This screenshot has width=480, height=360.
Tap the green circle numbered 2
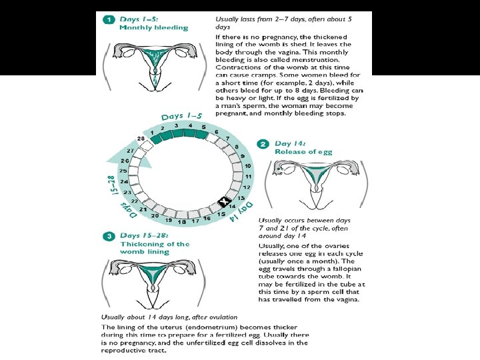264,144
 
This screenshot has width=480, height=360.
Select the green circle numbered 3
108,235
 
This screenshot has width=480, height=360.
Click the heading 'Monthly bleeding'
153,28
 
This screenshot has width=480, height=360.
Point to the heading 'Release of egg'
303,152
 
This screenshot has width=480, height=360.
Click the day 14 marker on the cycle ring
224,202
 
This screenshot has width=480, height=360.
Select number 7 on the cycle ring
227,139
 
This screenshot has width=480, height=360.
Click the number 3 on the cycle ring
176,125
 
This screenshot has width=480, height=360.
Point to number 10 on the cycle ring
247,165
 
